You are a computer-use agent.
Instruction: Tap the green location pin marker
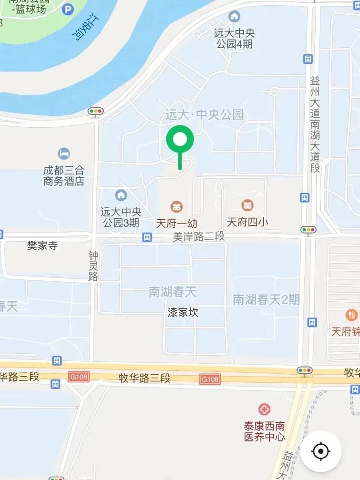tap(180, 140)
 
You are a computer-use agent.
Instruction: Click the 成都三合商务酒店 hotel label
tap(63, 175)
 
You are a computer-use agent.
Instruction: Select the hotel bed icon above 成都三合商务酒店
tap(63, 153)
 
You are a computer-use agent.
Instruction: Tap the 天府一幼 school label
tap(176, 223)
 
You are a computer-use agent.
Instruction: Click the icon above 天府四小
tap(247, 206)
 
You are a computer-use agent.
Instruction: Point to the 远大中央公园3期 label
tap(120, 216)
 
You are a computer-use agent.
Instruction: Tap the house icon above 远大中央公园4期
tap(234, 17)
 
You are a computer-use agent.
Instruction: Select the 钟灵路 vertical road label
tap(93, 266)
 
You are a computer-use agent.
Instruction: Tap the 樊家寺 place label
tap(42, 246)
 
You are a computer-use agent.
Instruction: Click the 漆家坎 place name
tap(183, 313)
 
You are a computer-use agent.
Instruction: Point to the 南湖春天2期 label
tap(266, 299)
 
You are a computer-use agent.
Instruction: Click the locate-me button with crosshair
tap(320, 451)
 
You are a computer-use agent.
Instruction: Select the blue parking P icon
tap(69, 9)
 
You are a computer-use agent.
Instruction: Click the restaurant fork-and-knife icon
tap(351, 315)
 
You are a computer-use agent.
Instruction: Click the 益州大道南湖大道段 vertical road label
tap(314, 124)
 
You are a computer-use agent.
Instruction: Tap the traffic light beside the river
tap(96, 112)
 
